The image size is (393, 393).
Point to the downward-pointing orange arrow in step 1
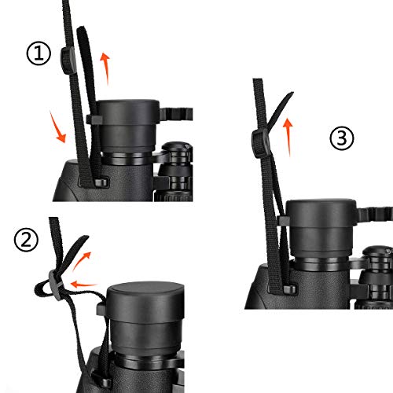[x=57, y=127]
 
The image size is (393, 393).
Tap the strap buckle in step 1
[x=67, y=60]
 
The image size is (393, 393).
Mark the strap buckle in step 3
[x=256, y=141]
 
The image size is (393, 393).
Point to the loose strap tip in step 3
[x=288, y=97]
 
